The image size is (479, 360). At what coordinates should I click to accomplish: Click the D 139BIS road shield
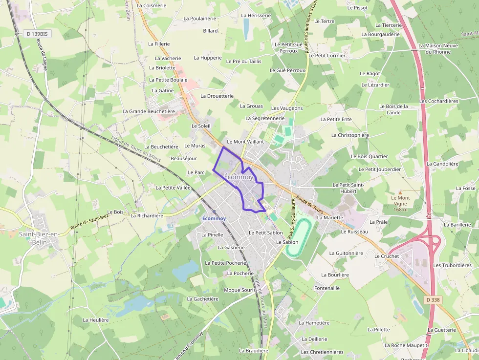click(37, 34)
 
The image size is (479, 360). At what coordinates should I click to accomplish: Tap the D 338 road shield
click(433, 299)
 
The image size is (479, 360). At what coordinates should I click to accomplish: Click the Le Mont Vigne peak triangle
click(400, 192)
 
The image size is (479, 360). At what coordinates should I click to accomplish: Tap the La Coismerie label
click(152, 5)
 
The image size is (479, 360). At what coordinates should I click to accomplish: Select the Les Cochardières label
click(438, 101)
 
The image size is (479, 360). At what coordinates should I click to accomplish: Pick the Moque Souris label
click(240, 290)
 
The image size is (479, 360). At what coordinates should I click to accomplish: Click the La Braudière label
click(254, 351)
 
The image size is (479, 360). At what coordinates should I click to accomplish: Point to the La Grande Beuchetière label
click(149, 111)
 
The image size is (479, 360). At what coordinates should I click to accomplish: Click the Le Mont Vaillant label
click(245, 142)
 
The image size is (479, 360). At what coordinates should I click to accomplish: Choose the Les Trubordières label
click(452, 265)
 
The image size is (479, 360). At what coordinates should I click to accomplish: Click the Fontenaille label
click(327, 288)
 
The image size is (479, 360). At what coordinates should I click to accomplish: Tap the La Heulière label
click(96, 320)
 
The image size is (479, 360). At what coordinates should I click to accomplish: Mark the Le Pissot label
click(357, 8)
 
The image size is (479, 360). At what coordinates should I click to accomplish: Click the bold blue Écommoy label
click(214, 218)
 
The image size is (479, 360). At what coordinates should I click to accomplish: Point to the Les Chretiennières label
click(322, 352)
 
